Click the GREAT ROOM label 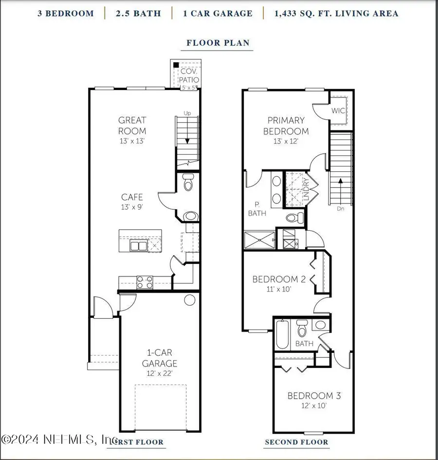coord(132,125)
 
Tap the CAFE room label coord(132,197)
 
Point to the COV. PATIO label coord(188,76)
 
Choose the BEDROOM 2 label coord(279,279)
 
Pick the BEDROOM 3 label coord(313,395)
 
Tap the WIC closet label coord(338,111)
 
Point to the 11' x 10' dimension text coord(279,289)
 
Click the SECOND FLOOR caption coord(296,442)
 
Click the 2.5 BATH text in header coord(138,13)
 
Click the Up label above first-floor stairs coord(187,113)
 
